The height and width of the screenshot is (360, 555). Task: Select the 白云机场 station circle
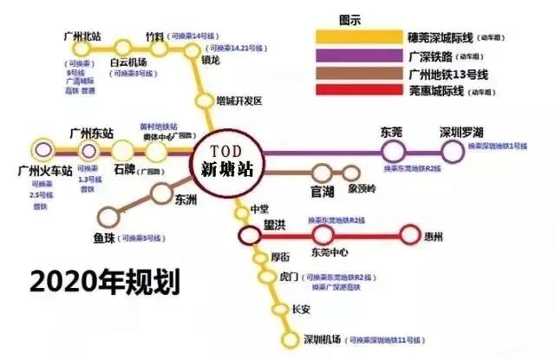[x=124, y=47]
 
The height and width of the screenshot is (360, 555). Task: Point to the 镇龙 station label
[x=211, y=61]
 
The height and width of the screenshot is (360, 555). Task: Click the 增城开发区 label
[x=239, y=101]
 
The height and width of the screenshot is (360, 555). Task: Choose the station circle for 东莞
[x=395, y=151]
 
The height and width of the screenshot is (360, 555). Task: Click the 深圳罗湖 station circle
[x=453, y=151]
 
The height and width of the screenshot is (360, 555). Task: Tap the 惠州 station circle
[x=409, y=233]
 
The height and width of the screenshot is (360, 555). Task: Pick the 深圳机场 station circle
[x=291, y=339]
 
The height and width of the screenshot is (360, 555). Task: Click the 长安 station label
[x=300, y=311]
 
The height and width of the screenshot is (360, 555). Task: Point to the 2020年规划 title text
[x=105, y=283]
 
